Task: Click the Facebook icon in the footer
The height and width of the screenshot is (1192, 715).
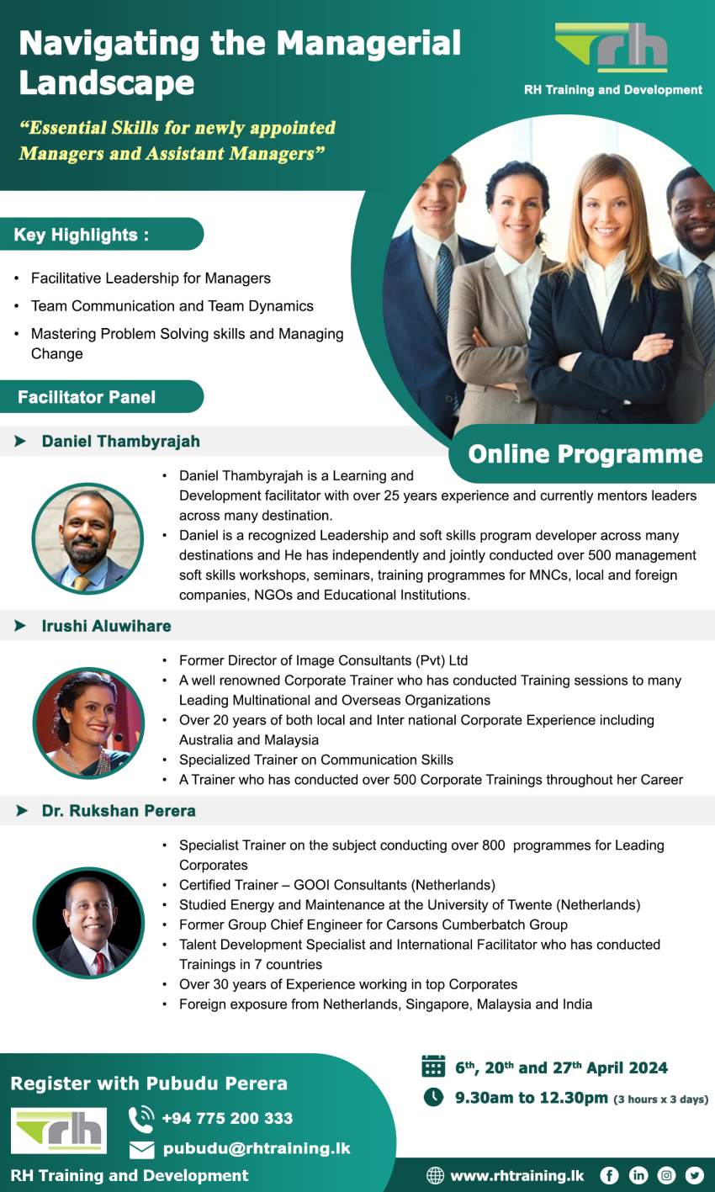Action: coord(609,1175)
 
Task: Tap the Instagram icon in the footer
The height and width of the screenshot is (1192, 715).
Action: coord(666,1175)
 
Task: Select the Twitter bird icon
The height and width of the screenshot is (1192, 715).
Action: coord(694,1175)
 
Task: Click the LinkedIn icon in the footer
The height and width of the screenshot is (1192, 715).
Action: coord(638,1175)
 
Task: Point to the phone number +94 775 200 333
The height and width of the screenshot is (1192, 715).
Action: coord(227,1118)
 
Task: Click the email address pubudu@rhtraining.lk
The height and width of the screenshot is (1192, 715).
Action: coord(257,1148)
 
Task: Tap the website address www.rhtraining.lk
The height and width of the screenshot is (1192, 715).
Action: coord(516,1175)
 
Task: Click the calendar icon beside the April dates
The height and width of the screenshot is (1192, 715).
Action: coord(433,1067)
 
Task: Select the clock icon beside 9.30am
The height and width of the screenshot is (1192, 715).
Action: coord(433,1097)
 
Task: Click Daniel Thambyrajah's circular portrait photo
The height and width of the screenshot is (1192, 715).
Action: coord(87,539)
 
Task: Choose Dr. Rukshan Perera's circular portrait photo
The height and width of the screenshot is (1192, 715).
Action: coord(88,923)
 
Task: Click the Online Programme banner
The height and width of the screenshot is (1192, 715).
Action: coord(585,454)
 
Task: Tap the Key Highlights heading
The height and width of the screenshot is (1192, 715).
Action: coord(82,235)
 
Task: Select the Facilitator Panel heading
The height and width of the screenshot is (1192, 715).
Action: coord(87,397)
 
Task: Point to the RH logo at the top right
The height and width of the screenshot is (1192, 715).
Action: coord(612,49)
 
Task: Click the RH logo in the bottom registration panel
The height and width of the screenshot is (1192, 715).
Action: coord(59,1130)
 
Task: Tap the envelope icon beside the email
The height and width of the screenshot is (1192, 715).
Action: coord(141,1149)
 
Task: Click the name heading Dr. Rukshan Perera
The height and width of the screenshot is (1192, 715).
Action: coord(119,811)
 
